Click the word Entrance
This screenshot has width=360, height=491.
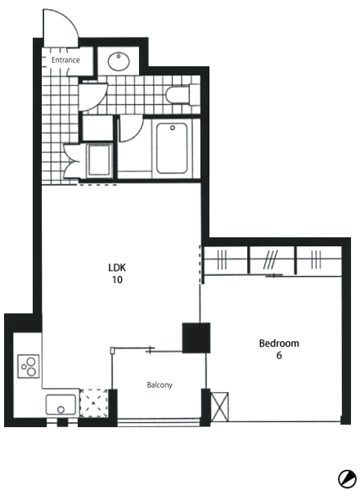coord(65,60)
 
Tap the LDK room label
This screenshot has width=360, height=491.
coord(117,268)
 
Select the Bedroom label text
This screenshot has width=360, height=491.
coord(279,343)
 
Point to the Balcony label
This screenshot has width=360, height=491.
coord(160,385)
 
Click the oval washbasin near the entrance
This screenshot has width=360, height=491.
coord(119,61)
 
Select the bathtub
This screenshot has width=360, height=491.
coord(172,148)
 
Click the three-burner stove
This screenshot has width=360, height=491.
coord(29,366)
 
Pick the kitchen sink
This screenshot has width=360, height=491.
coord(61,405)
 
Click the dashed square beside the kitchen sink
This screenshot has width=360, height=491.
coord(94,403)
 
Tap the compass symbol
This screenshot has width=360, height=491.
coord(347,479)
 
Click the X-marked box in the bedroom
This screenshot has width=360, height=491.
coord(220,407)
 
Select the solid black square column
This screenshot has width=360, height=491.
coord(196,338)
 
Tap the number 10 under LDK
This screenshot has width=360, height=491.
coord(117,280)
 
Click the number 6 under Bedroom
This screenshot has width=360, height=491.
coord(279,355)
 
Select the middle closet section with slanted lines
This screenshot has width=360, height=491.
coord(272,260)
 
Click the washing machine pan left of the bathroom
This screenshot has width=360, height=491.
coord(100,160)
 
